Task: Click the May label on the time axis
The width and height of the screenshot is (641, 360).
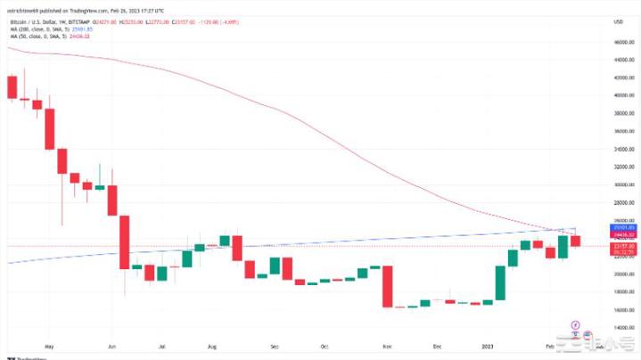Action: point(49,343)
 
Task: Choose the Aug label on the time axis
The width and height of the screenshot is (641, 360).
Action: point(212,343)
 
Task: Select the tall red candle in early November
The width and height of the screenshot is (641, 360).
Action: point(388,286)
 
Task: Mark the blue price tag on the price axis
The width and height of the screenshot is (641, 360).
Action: point(622,228)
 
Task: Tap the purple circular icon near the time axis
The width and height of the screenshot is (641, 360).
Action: point(575,324)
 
